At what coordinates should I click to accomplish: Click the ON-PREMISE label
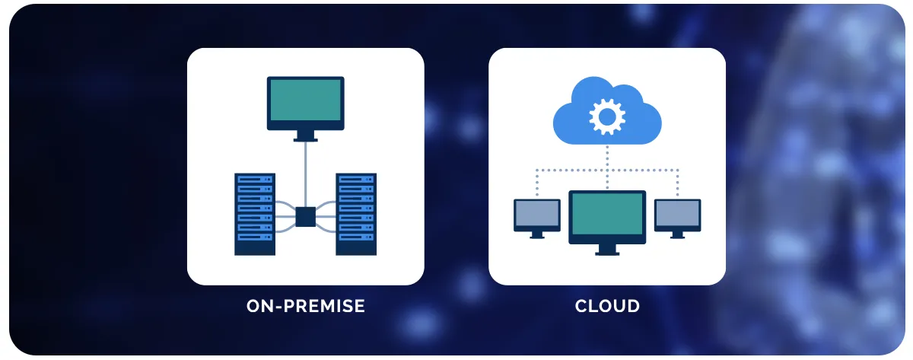point(306,307)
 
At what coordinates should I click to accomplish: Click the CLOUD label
point(607,307)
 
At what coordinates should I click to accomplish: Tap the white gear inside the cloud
point(606,116)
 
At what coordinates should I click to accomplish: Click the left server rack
point(254,214)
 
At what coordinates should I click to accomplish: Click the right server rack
point(356,214)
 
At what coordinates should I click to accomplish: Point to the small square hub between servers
point(305,217)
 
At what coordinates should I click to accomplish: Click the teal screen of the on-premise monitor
point(305,102)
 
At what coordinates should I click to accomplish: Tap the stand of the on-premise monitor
point(305,136)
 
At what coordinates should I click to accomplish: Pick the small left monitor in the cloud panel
point(537,215)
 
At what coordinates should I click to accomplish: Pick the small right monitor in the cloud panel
point(677,215)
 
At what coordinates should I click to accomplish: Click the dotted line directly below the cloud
point(607,156)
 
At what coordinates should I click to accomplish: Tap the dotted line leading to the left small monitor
point(537,183)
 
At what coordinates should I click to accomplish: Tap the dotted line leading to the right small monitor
point(677,183)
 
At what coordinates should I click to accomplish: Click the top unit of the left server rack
point(254,180)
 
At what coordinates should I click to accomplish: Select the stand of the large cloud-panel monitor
point(607,249)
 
